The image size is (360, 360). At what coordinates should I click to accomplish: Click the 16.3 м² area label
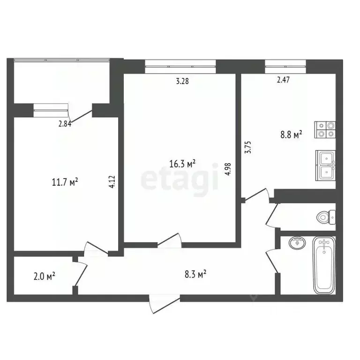pos(182,164)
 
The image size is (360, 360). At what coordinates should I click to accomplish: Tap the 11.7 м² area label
pos(64,181)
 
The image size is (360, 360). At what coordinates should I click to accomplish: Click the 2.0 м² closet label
pos(45,276)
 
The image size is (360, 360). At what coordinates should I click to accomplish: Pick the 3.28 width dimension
pos(183,81)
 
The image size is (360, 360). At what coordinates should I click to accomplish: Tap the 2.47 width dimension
pos(283,80)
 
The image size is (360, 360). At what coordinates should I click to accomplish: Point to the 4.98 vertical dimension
pos(228,168)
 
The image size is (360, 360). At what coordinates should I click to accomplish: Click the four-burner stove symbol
pos(326,129)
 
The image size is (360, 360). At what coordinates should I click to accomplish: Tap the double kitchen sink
pos(326,165)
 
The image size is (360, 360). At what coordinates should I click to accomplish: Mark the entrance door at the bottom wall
pos(165,303)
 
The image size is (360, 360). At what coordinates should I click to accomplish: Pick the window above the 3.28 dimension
pos(180,66)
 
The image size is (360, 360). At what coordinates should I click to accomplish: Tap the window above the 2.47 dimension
pos(285,66)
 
